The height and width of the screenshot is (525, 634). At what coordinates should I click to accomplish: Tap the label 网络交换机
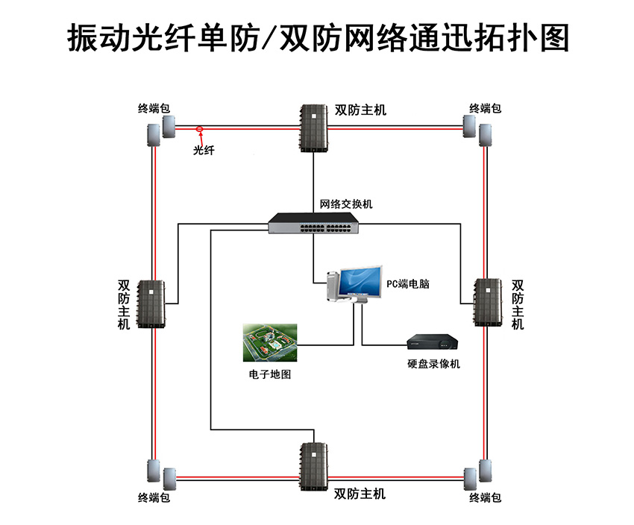click(346, 204)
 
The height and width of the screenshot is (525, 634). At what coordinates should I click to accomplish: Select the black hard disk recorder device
click(432, 342)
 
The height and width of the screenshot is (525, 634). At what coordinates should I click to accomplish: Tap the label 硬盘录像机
click(433, 364)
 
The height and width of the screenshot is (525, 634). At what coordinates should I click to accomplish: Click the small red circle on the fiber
click(200, 129)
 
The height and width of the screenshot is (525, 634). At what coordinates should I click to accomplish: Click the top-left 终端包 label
click(154, 108)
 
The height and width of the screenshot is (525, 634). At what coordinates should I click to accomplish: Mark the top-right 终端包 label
click(485, 108)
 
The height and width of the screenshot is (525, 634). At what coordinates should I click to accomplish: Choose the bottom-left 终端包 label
click(154, 497)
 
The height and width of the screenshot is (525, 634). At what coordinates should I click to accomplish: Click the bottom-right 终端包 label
click(485, 497)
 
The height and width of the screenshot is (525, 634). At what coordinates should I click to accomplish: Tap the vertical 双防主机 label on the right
click(518, 305)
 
